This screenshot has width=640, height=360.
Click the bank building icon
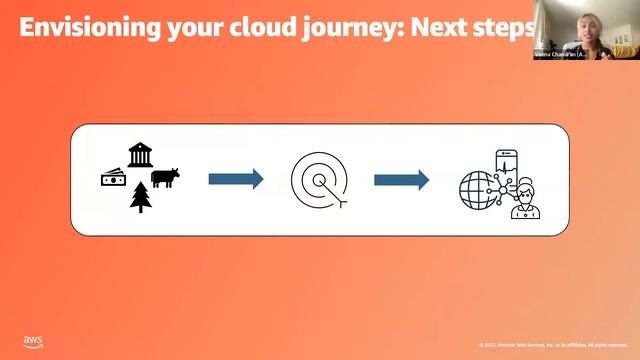pos(140,154)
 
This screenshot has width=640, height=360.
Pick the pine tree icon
pos(140,197)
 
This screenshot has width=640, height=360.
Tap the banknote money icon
pos(114,178)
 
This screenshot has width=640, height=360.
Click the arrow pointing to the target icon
pos(236,179)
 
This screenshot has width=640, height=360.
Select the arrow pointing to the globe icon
pos(402,179)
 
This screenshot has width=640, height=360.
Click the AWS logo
pos(33,342)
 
